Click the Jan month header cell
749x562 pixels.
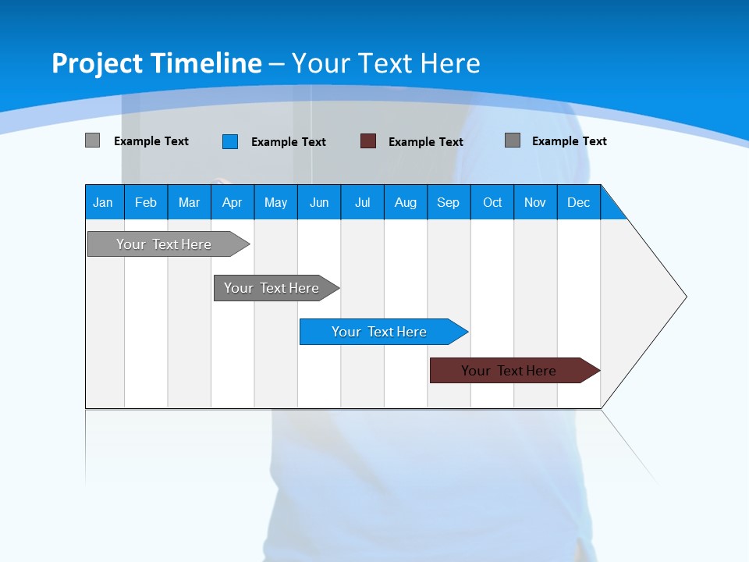[104, 202]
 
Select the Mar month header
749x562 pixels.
[189, 202]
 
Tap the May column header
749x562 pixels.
[275, 202]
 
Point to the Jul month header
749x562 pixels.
[362, 202]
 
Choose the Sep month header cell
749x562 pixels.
[448, 202]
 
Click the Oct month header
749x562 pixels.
[492, 202]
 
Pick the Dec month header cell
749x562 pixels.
[578, 202]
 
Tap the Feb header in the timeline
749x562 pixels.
[146, 202]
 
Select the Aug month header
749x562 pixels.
[405, 202]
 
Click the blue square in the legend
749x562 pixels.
[230, 141]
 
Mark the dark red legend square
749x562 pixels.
[368, 141]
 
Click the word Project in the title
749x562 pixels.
[98, 63]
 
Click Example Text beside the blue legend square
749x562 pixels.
[289, 142]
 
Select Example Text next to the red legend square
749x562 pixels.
[426, 142]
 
